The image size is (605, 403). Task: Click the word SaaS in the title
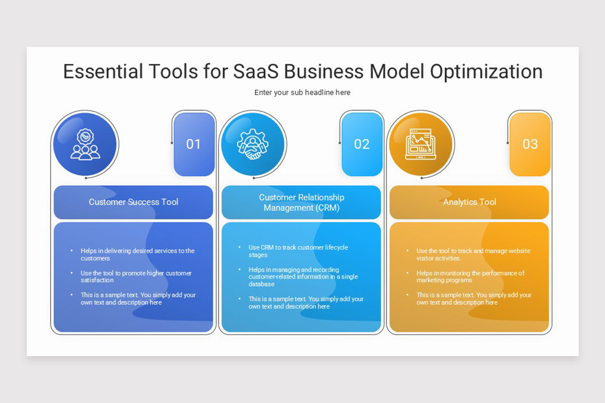[256, 72]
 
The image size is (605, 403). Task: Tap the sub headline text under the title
[302, 93]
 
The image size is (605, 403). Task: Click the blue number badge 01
[194, 145]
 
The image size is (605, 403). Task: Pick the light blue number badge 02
[361, 145]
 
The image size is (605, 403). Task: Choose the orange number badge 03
[530, 145]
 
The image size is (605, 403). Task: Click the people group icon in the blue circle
[85, 145]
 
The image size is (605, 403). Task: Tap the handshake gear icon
[253, 145]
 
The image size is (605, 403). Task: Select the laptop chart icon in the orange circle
[421, 145]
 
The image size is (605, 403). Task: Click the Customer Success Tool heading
[134, 202]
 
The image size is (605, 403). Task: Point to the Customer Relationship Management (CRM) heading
[301, 203]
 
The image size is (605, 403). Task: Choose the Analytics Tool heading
[469, 202]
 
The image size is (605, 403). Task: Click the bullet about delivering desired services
[137, 254]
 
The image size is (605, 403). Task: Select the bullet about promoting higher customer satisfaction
[136, 277]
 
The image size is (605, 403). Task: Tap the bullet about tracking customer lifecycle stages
[298, 251]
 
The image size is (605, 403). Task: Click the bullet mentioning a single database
[303, 277]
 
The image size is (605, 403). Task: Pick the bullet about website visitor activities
[473, 254]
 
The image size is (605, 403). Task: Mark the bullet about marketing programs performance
[470, 277]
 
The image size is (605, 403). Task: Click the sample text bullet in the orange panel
[473, 299]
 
